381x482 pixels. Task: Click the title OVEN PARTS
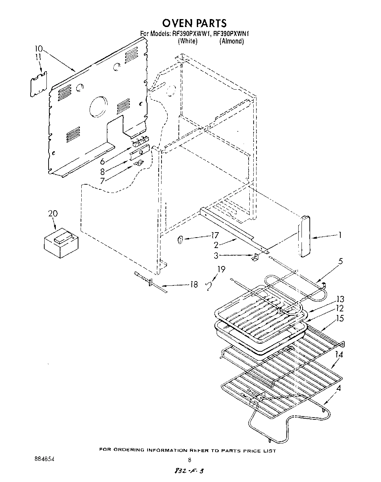coord(194,23)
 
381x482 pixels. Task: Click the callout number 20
coord(53,214)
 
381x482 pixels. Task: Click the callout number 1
coord(339,235)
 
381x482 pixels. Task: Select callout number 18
coord(194,285)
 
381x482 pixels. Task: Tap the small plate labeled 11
coord(38,84)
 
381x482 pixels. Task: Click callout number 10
coord(39,49)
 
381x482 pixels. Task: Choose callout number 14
coord(339,355)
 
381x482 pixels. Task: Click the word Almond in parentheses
coord(232,41)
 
